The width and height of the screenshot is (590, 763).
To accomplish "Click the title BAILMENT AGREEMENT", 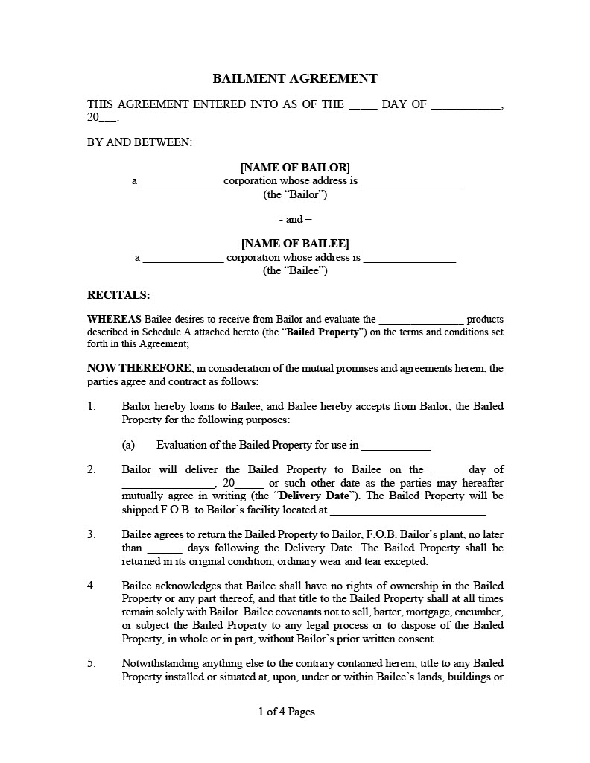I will click(295, 78).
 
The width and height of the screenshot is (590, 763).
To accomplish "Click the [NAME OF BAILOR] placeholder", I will click(295, 167).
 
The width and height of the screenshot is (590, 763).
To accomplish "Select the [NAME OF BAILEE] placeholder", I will click(295, 244).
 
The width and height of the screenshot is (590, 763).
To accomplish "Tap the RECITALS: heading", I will click(118, 295).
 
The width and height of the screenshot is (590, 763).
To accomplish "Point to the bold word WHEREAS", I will click(115, 319).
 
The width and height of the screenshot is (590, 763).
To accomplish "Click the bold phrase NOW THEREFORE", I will click(139, 368).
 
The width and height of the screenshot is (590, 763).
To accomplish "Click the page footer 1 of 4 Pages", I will click(287, 712).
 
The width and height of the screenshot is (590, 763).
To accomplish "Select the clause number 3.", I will click(92, 534).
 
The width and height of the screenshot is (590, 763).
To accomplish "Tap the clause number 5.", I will click(92, 663).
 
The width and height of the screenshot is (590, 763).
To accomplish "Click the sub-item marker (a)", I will click(128, 445).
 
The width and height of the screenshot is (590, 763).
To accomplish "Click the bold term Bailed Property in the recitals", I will click(323, 332).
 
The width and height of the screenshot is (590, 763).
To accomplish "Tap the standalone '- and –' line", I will click(295, 219).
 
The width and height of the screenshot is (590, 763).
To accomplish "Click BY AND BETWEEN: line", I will click(139, 142).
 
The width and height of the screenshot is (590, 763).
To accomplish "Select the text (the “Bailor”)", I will click(295, 194).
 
